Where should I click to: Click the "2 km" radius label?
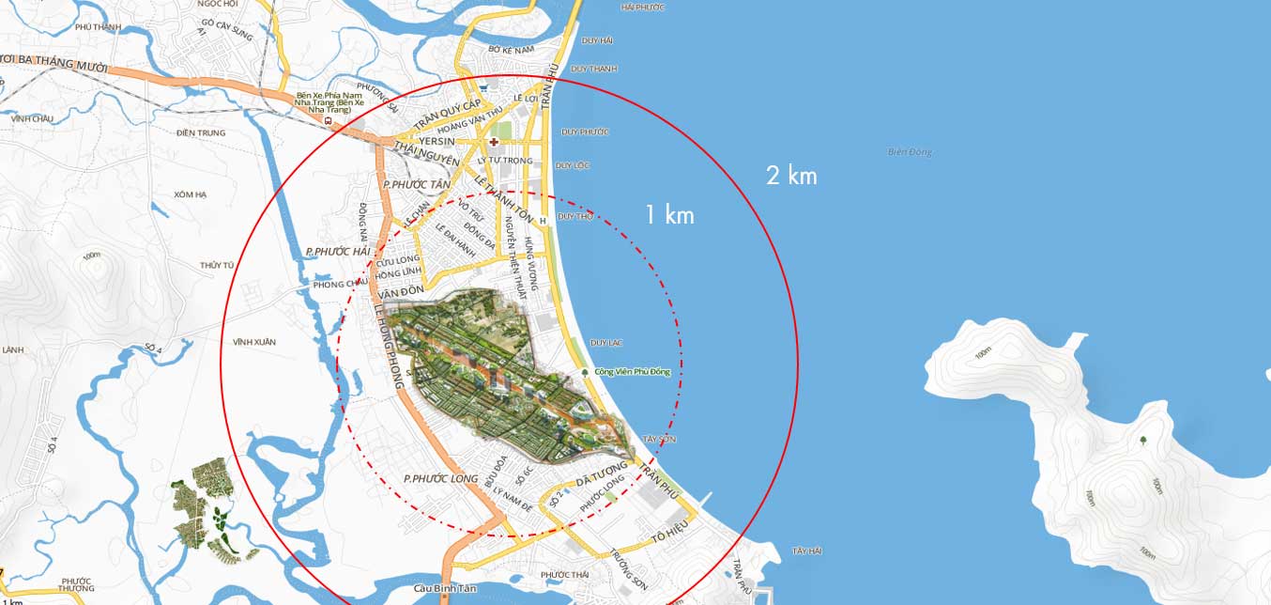[791, 176]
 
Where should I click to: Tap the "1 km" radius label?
[669, 215]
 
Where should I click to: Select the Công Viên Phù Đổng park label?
[634, 372]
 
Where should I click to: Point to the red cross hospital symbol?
[494, 141]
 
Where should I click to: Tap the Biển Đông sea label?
[910, 152]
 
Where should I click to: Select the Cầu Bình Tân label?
[441, 589]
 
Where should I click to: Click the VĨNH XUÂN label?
[253, 342]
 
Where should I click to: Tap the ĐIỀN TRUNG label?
[201, 132]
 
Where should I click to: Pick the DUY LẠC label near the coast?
[606, 343]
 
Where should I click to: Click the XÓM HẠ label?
[190, 194]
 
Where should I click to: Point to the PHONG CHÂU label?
[340, 284]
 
